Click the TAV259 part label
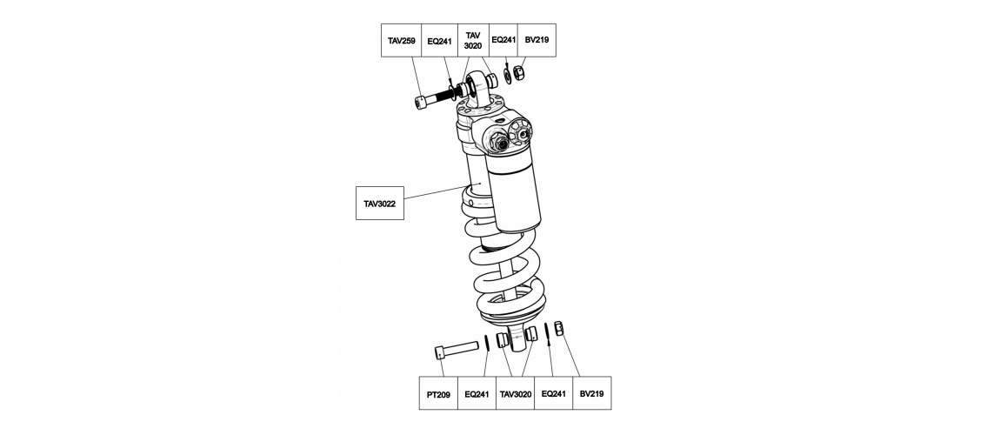(x=401, y=41)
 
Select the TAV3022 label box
(x=379, y=204)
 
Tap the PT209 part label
(x=438, y=394)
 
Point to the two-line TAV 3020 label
(x=472, y=41)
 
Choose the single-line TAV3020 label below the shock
(x=516, y=394)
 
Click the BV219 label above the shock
(x=537, y=39)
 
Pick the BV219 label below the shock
(x=592, y=393)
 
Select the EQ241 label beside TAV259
(x=439, y=41)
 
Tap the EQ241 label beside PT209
(x=477, y=394)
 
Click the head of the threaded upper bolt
(x=421, y=103)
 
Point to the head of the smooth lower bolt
(x=441, y=352)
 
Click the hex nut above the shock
(x=519, y=73)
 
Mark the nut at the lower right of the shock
(x=558, y=328)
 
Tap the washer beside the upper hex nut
(x=507, y=75)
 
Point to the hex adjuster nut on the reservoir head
(x=499, y=141)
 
